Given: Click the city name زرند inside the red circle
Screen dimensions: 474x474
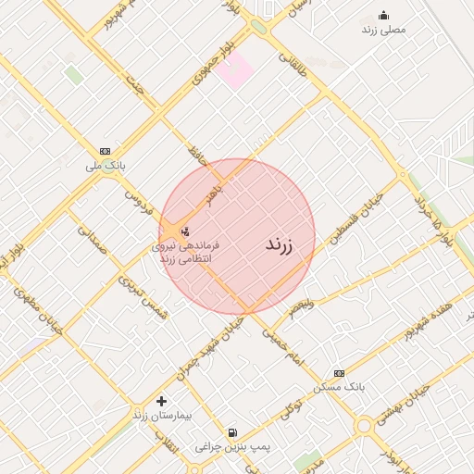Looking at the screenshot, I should pos(279,245).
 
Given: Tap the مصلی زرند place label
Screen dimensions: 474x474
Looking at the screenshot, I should pos(383,30).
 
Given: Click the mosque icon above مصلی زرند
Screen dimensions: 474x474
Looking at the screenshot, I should pos(384,15).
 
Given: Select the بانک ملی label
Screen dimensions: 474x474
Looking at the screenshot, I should pos(105,165).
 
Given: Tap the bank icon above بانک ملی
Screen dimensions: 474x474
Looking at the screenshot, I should pos(105,151).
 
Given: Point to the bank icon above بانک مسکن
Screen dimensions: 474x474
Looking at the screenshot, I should pos(339,372).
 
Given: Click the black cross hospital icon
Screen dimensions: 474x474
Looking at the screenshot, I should pos(162,401).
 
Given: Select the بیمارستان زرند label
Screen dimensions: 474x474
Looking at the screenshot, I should pos(162,416).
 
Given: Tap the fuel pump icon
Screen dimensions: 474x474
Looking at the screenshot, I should pos(231,432).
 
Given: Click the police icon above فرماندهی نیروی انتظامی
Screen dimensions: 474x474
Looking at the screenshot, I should pos(185,231).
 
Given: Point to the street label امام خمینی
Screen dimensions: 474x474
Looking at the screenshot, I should pos(281,344).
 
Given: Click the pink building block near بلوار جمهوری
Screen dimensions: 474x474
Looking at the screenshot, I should pos(237,70).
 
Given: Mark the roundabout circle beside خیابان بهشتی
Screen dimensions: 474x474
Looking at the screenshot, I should pos(364,426).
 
